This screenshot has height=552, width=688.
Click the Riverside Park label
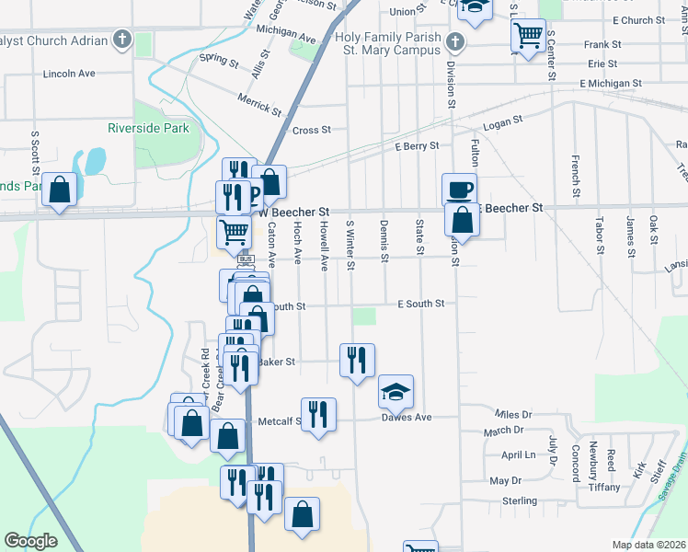pos(148,128)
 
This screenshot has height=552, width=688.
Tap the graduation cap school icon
pos(396,392)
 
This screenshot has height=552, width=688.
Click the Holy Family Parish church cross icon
pos(453,42)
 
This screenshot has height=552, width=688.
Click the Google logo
pos(31,541)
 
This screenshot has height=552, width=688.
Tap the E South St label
pos(420,303)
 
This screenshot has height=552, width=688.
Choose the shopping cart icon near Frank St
pos(528,37)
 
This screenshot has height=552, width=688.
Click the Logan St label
pos(503,120)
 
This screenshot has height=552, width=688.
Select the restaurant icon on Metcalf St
pos(318,414)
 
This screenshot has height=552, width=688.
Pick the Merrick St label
pos(258,103)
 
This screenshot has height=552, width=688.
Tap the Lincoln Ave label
pos(69,73)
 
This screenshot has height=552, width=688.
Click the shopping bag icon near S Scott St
pos(60,190)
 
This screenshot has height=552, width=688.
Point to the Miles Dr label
pos(513,415)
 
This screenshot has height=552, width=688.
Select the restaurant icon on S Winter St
pos(357,360)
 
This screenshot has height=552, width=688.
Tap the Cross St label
pos(312,131)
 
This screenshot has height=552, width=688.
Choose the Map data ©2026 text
pos(649,545)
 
